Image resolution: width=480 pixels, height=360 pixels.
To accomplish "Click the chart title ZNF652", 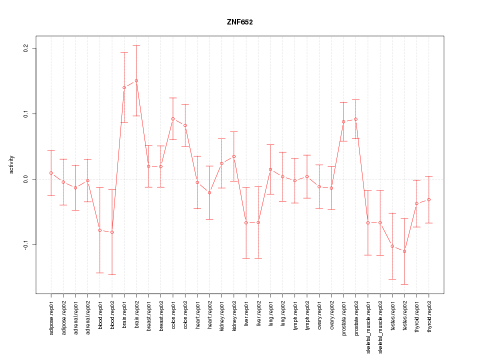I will click(240, 22).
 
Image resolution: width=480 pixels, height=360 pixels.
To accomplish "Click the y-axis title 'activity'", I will click(12, 164).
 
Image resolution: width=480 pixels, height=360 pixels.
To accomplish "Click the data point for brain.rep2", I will click(136, 80).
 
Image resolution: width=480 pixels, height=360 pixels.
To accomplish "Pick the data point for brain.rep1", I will click(124, 87).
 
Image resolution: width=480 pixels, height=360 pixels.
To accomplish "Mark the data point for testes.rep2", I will click(404, 251).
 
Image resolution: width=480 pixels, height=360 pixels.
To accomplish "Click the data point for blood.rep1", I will click(100, 230).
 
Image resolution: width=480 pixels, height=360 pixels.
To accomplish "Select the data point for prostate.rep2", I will click(355, 119).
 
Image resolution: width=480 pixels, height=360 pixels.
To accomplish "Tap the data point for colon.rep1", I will click(173, 119).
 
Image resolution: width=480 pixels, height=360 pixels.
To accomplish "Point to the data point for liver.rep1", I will click(246, 222).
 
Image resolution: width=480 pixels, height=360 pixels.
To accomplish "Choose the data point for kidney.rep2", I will click(234, 156).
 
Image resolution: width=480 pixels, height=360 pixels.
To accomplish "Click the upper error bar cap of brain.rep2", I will click(136, 45).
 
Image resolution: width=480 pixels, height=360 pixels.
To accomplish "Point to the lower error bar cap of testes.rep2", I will click(404, 284).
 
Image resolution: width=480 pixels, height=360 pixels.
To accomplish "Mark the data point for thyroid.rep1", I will click(416, 203).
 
